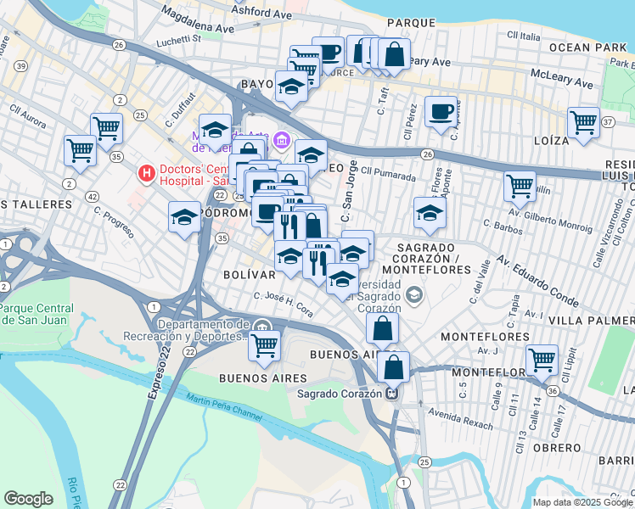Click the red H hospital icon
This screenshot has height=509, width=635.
(x=147, y=174)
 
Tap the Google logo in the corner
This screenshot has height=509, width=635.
(x=28, y=499)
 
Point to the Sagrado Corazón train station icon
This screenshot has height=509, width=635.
(x=392, y=393)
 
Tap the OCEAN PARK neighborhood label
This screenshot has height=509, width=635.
(x=587, y=48)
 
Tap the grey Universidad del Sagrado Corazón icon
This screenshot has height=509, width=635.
(x=414, y=294)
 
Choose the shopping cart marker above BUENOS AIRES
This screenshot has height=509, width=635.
(x=264, y=344)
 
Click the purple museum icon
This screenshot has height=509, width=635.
(x=281, y=138)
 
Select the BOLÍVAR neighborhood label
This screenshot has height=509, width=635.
(x=249, y=275)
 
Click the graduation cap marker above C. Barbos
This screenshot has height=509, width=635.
(x=430, y=213)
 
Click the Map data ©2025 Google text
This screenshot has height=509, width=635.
(x=581, y=502)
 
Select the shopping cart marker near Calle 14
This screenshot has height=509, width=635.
(x=542, y=360)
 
